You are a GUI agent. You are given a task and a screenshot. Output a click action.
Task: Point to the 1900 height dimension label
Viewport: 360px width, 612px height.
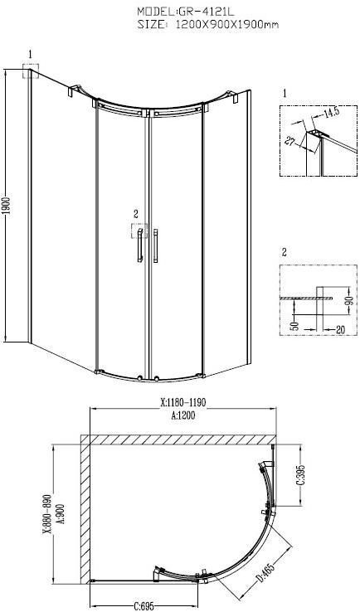click(x=7, y=206)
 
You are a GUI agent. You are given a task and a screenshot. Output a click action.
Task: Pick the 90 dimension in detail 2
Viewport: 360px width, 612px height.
click(x=349, y=300)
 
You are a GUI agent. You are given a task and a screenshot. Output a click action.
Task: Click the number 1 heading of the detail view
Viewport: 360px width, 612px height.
click(x=284, y=94)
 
